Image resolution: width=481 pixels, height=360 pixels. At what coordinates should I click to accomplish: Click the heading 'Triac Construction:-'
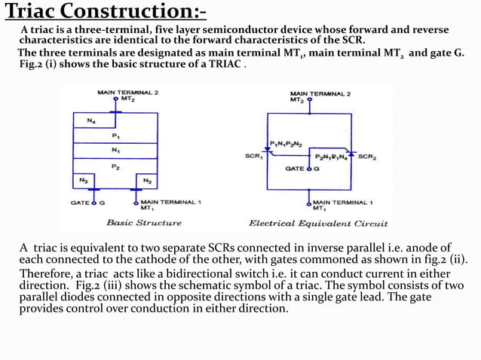click(x=106, y=13)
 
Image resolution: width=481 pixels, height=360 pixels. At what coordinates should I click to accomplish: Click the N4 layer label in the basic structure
click(x=91, y=121)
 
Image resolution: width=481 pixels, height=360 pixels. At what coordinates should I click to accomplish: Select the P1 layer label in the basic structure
click(x=115, y=136)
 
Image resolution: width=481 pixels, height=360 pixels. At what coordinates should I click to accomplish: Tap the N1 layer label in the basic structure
click(x=115, y=150)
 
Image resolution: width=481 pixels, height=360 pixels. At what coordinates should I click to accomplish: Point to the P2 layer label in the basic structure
click(x=115, y=166)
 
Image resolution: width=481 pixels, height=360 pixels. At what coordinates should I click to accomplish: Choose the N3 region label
click(x=81, y=181)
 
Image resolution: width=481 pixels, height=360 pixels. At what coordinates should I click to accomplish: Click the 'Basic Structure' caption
click(x=143, y=223)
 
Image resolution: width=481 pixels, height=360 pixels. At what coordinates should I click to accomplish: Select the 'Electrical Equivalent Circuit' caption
click(x=318, y=223)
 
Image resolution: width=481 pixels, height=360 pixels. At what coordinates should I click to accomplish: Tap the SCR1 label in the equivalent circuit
click(x=254, y=156)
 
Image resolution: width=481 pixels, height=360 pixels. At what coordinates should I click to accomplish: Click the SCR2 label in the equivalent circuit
click(x=368, y=157)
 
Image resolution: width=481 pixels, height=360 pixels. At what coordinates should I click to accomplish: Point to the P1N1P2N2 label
click(x=287, y=142)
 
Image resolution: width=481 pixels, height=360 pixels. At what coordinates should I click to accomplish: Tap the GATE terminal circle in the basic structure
click(x=94, y=202)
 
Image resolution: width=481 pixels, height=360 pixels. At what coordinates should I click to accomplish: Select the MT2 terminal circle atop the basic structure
click(x=115, y=98)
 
